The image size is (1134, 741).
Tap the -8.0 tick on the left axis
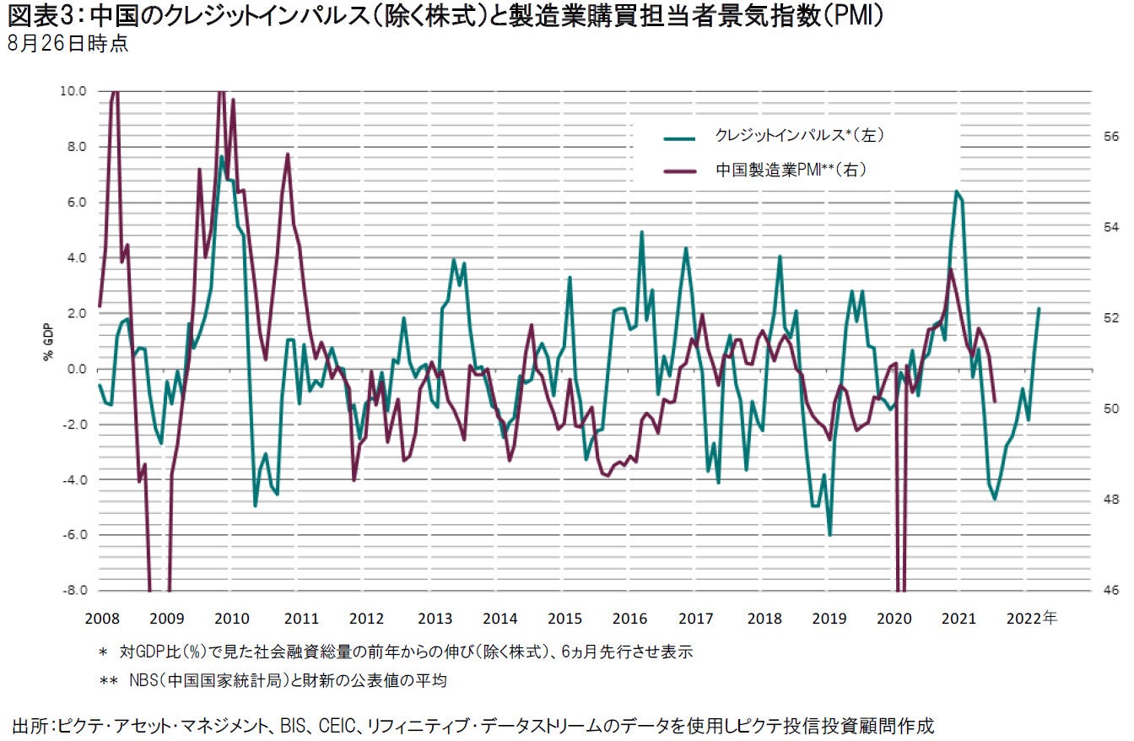click(x=74, y=591)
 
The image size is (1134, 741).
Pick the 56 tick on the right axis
click(x=1110, y=137)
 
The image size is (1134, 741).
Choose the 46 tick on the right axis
click(x=1110, y=591)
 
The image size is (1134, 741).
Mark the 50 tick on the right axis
click(x=1110, y=408)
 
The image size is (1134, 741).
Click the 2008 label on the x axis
click(x=100, y=618)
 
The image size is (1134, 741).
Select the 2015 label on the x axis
click(x=564, y=618)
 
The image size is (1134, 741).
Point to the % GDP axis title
click(x=48, y=341)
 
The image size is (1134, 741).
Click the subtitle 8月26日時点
click(x=67, y=44)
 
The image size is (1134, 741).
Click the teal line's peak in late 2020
click(x=957, y=192)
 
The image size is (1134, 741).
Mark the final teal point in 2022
click(x=1039, y=309)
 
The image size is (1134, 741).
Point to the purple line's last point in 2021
click(x=996, y=402)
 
